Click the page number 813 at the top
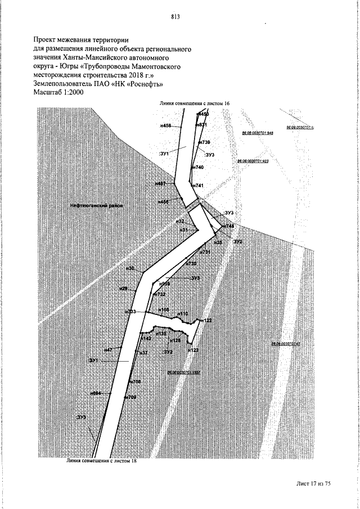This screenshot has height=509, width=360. pyautogui.click(x=175, y=17)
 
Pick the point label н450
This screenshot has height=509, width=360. pyautogui.click(x=203, y=114)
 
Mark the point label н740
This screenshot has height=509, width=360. pyautogui.click(x=197, y=168)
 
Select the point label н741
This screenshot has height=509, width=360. pyautogui.click(x=197, y=185)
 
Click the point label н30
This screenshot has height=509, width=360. pyautogui.click(x=130, y=269)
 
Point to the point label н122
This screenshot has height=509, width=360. pyautogui.click(x=206, y=319)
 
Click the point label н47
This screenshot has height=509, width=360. pyautogui.click(x=109, y=349)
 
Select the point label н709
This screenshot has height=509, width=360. pyautogui.click(x=132, y=397)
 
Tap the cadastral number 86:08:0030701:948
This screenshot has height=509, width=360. pyautogui.click(x=257, y=133)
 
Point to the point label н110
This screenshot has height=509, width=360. pyautogui.click(x=183, y=313)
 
